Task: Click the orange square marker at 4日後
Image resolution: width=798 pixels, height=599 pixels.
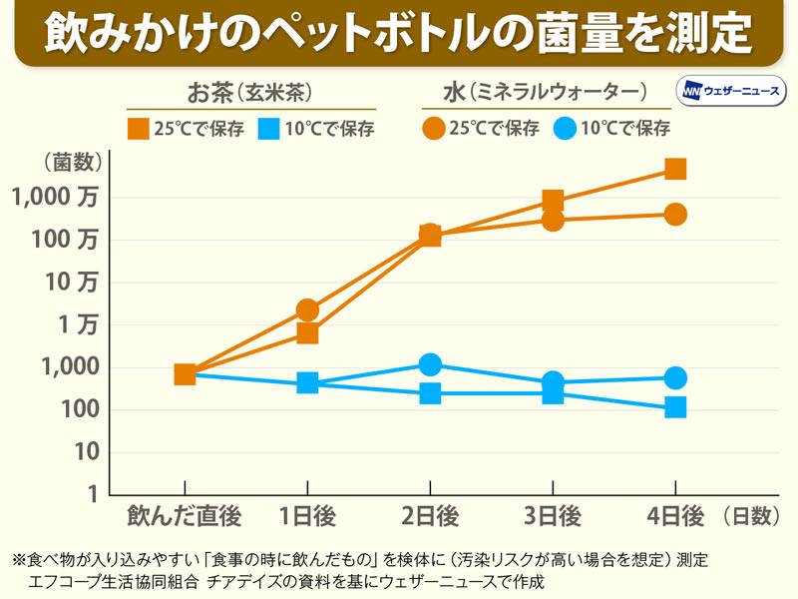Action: point(675,169)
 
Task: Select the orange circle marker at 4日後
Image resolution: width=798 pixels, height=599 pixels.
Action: point(675,214)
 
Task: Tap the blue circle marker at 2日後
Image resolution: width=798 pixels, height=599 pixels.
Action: point(430,364)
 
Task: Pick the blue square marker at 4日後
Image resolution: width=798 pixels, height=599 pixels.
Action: point(675,406)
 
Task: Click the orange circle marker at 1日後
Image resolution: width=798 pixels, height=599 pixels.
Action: point(307,310)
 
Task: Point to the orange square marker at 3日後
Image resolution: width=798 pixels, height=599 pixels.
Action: point(553,201)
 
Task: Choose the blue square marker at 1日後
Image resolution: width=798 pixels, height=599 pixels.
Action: point(307,382)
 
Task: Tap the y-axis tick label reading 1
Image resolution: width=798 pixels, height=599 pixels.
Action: point(91,495)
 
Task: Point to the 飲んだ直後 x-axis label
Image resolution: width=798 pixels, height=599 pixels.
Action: point(185,516)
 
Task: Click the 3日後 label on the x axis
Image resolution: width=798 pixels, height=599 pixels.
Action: point(553,516)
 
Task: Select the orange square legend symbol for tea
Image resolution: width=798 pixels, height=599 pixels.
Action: point(138,128)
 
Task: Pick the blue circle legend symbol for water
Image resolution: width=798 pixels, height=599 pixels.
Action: point(566,128)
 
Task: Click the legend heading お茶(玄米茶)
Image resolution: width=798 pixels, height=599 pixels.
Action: point(250,94)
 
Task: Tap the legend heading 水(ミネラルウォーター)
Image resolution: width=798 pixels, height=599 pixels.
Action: point(545,94)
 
